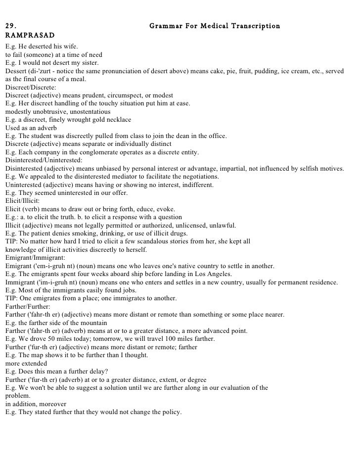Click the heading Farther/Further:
pos(28,306)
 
